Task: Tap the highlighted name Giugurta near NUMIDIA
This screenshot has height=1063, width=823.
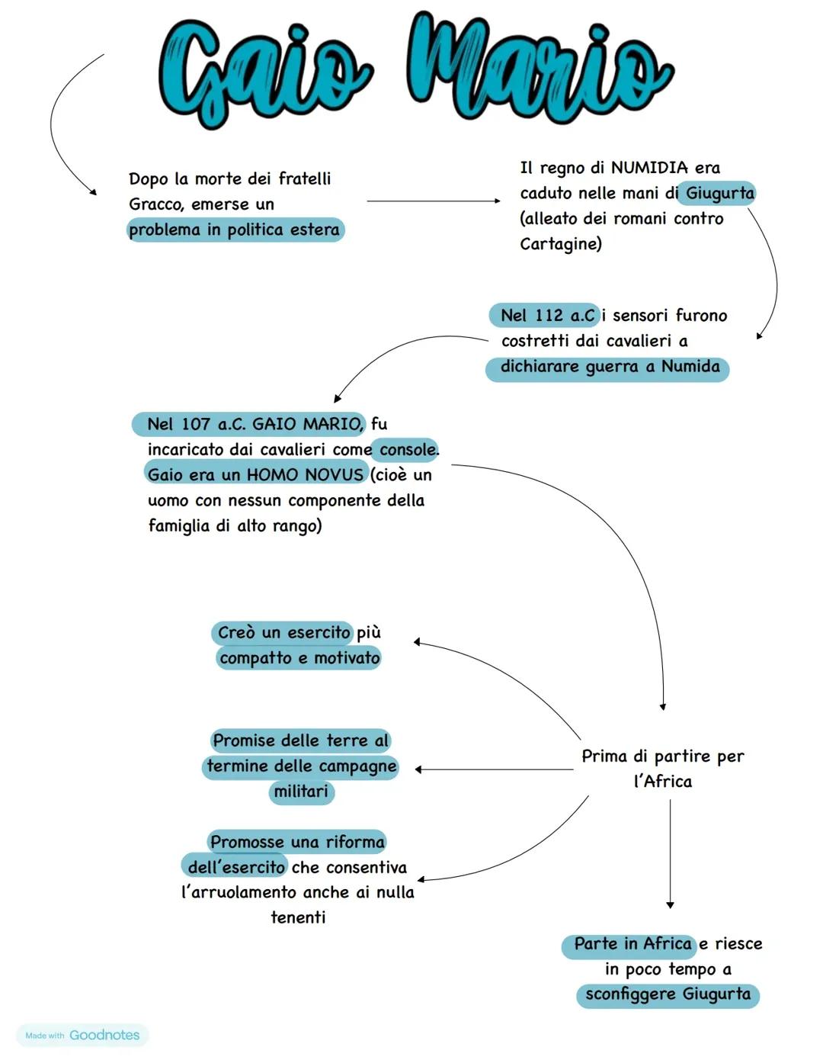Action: point(719,193)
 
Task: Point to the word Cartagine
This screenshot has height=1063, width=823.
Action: point(560,244)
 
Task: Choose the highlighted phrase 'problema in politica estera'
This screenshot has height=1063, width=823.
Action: point(235,230)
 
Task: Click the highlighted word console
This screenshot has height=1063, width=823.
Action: point(408,450)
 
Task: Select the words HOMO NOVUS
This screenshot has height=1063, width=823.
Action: point(305,475)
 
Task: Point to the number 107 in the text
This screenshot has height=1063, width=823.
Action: point(196,424)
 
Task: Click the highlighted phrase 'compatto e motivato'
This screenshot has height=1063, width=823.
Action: point(299,658)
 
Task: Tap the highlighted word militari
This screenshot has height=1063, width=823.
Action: point(301,792)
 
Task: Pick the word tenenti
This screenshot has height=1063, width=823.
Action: point(298,917)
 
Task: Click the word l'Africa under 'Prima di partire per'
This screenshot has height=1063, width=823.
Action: point(663,782)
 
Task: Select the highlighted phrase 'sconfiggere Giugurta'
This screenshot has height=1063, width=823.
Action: point(668,994)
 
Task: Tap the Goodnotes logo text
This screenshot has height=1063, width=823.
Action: point(104,1035)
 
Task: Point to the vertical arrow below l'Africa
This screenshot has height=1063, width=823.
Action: point(670,854)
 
